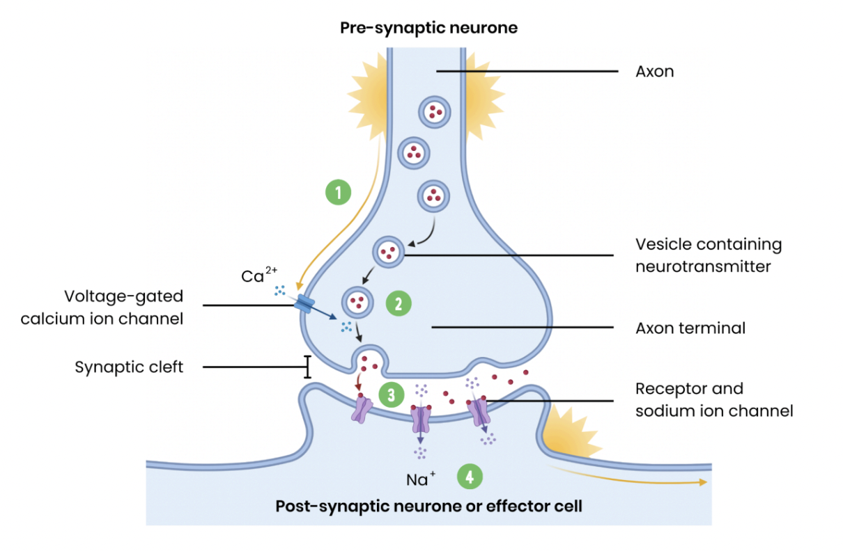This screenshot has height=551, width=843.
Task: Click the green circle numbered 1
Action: [339, 192]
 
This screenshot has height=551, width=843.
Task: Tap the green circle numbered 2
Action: [399, 303]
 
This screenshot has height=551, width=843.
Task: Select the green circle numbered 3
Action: [392, 395]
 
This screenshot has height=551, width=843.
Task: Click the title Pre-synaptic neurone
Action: [428, 29]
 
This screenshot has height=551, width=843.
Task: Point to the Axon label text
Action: [654, 72]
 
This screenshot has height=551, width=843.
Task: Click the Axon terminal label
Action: [690, 328]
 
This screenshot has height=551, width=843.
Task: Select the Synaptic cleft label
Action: [129, 367]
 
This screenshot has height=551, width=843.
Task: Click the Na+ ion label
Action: [421, 479]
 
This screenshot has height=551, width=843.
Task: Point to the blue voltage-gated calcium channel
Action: [304, 303]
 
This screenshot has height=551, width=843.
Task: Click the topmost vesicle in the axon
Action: [435, 111]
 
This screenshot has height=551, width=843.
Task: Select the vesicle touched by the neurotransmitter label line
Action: [389, 253]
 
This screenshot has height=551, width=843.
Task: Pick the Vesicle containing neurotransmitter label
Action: [708, 255]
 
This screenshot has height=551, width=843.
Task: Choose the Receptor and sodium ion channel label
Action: [713, 399]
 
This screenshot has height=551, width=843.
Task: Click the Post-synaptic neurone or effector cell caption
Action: [428, 506]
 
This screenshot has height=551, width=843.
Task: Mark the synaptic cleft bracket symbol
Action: [307, 367]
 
